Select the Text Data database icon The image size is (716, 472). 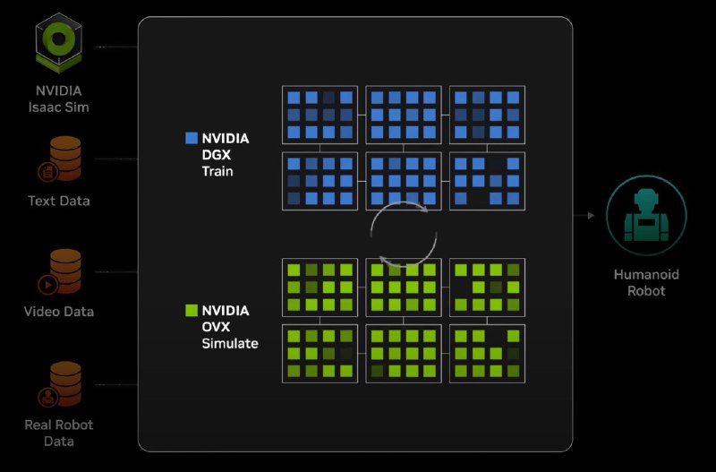(x=62, y=158)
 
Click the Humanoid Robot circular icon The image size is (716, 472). (x=646, y=216)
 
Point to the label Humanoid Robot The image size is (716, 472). (x=646, y=282)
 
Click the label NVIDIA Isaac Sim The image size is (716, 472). (x=58, y=99)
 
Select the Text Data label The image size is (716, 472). (x=59, y=201)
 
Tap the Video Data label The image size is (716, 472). (x=59, y=312)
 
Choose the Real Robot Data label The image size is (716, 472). (x=59, y=433)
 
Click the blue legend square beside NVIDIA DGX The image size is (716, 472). (x=191, y=138)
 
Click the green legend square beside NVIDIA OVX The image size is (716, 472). (x=191, y=310)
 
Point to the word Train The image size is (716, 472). (x=217, y=170)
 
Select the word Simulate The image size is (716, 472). (x=230, y=343)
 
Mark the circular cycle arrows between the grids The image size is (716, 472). (x=405, y=234)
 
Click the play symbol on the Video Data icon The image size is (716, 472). (x=44, y=284)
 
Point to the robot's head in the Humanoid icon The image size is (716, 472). (x=646, y=199)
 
